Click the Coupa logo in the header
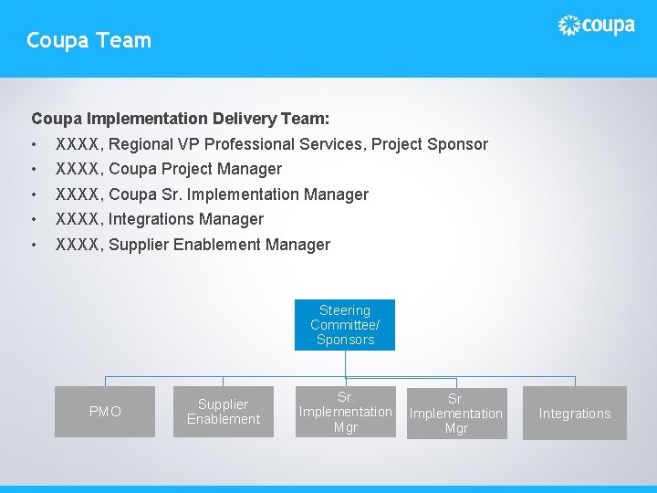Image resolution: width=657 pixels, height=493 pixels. (x=596, y=26)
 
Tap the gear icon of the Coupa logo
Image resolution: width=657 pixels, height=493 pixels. (x=568, y=26)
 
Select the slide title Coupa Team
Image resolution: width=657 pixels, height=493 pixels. (x=89, y=40)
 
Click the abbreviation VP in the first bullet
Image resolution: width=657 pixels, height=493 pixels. (x=189, y=144)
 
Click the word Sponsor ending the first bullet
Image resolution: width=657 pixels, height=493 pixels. (x=459, y=144)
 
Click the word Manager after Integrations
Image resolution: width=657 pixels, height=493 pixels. (x=233, y=219)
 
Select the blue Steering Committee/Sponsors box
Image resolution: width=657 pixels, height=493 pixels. (x=345, y=325)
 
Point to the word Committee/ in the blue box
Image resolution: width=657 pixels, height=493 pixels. (x=345, y=325)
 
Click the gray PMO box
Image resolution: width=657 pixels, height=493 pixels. (x=105, y=412)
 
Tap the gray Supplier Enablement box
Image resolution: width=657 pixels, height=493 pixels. (x=224, y=412)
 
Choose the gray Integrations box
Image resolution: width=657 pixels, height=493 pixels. (x=575, y=414)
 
